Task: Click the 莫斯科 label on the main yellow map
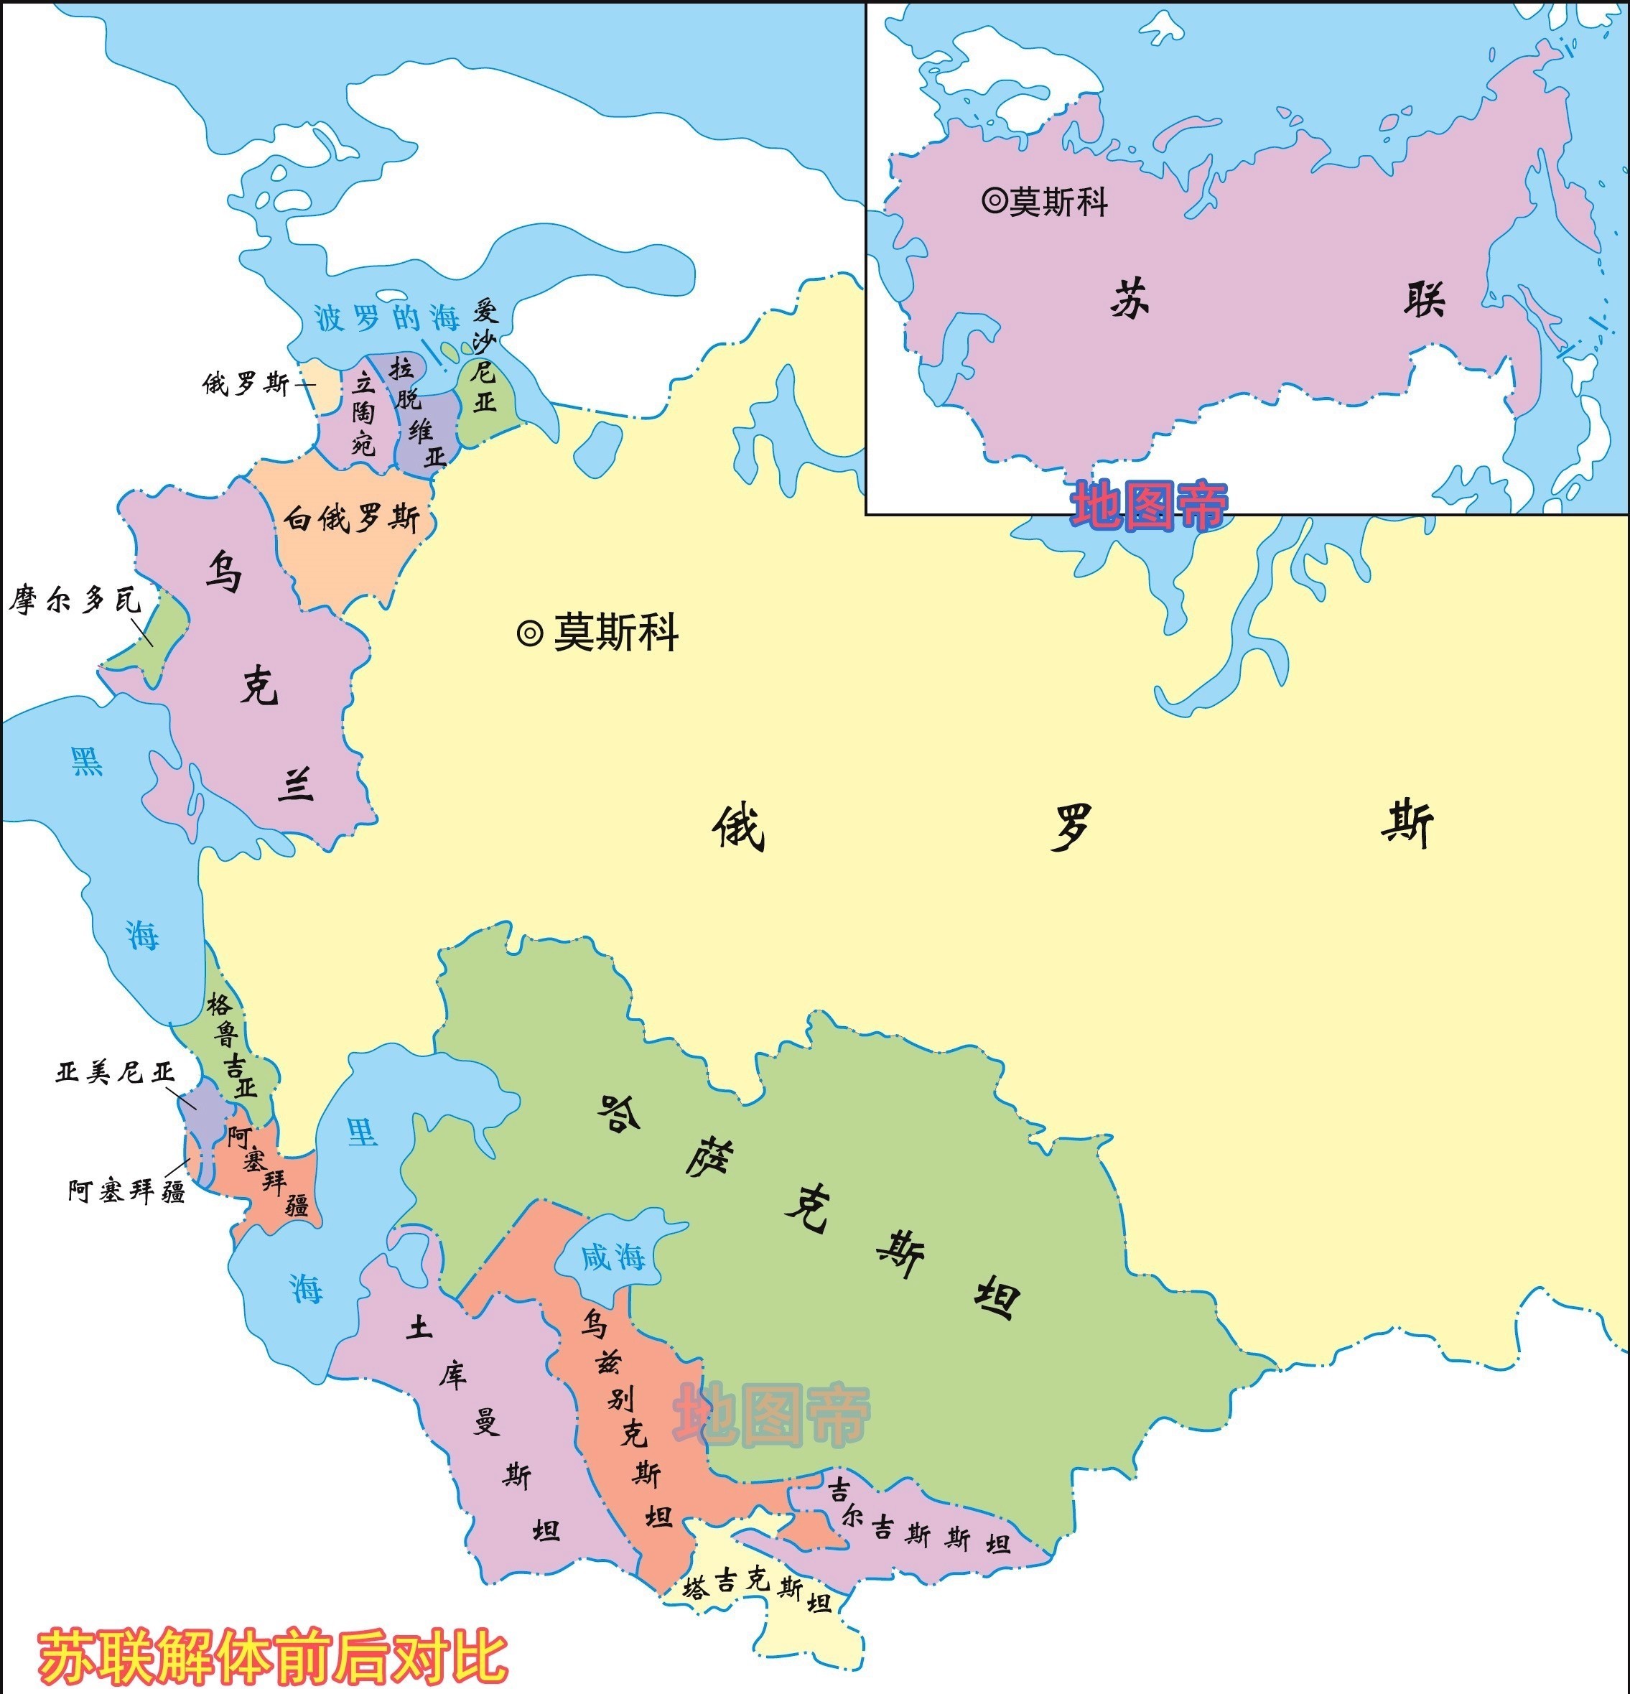[615, 633]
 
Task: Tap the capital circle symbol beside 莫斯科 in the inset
[994, 201]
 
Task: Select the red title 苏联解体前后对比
[272, 1656]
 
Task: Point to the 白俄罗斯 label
[352, 518]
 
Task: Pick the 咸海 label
[613, 1257]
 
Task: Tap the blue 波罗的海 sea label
[386, 318]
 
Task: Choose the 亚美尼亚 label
[115, 1073]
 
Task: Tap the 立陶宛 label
[364, 413]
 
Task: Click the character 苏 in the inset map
[1129, 300]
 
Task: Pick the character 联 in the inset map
[1423, 300]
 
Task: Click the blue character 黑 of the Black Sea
[86, 761]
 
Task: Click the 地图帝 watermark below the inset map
[1150, 506]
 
